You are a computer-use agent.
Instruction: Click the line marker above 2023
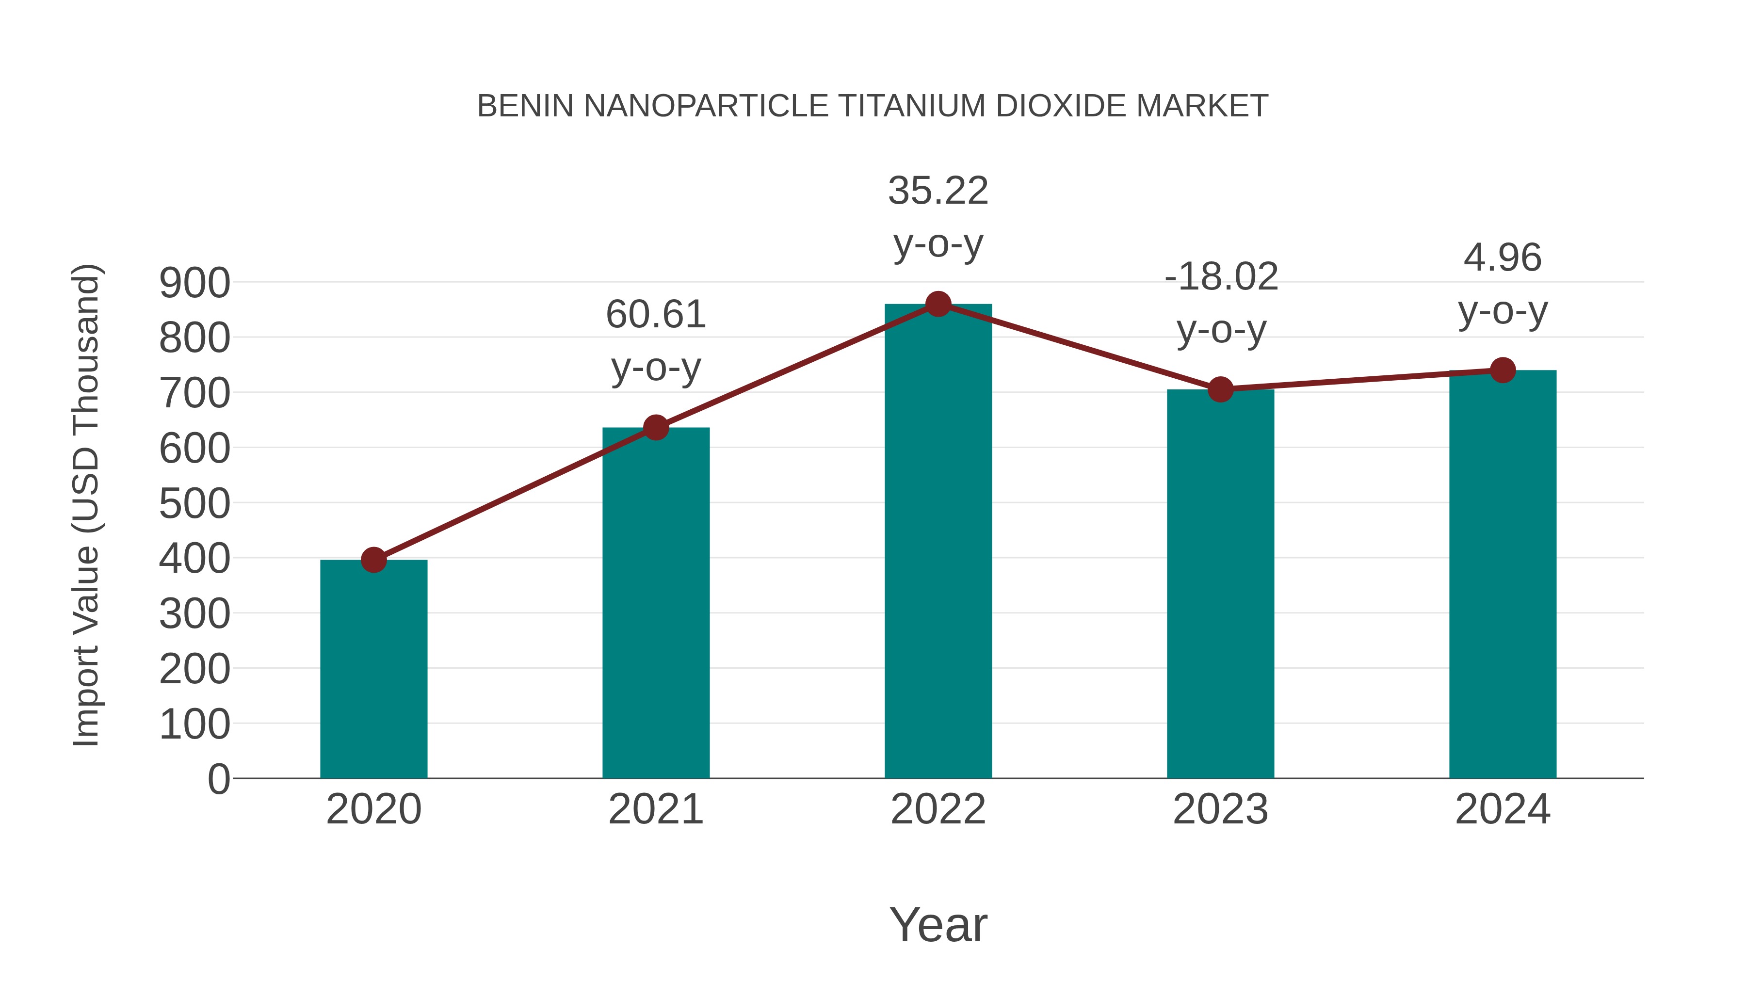tap(1220, 390)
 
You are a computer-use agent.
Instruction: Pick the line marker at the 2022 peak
tap(938, 304)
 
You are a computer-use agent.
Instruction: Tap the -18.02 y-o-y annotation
tap(1221, 303)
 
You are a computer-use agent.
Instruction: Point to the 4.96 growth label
tap(1503, 284)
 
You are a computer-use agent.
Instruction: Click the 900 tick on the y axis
tap(194, 283)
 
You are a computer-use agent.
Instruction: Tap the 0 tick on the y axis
tap(218, 779)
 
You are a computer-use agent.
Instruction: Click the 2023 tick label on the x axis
tap(1220, 809)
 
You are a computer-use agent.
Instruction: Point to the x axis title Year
tap(938, 924)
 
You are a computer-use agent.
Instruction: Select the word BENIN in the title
tap(525, 106)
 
